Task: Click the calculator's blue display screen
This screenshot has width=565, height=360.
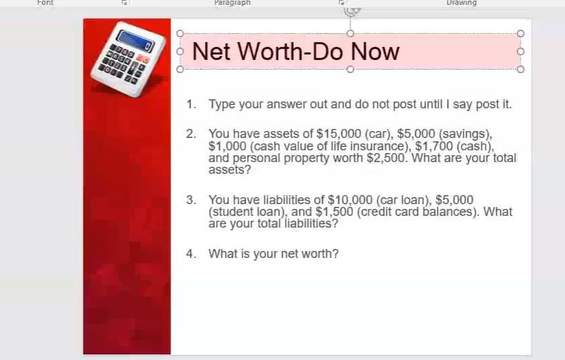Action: [x=136, y=41]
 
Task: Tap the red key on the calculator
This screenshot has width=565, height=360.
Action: [x=143, y=59]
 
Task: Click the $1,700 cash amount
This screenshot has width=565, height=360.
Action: [x=434, y=146]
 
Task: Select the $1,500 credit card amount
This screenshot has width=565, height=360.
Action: [x=334, y=212]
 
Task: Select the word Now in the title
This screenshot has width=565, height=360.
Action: [x=375, y=52]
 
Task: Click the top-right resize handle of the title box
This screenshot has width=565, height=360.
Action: [x=520, y=34]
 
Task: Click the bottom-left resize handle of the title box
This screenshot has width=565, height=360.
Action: [x=180, y=69]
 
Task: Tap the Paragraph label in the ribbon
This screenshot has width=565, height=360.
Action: [x=232, y=3]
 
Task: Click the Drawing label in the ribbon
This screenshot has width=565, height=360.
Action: [x=462, y=3]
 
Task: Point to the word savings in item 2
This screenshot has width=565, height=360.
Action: [x=465, y=134]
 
